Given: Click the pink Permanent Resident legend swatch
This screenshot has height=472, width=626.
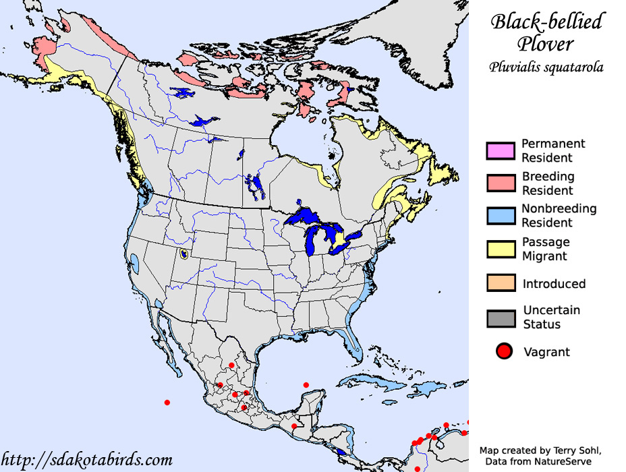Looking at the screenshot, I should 501,151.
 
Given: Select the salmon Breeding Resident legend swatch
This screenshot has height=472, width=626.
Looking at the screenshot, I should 501,183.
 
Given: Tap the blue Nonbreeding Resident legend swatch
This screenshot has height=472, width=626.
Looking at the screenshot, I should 501,216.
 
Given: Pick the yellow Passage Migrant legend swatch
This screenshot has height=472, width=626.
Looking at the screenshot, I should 501,249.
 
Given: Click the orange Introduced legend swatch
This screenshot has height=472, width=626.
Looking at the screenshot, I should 501,283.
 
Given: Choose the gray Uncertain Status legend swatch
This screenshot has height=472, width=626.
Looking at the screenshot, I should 501,318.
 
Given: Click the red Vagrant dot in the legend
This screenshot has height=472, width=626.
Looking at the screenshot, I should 503,351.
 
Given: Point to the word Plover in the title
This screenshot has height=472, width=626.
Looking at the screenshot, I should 546,45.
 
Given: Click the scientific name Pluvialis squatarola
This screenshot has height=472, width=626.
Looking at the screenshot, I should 546,67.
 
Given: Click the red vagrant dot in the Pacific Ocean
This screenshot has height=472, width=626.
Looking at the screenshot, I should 167,403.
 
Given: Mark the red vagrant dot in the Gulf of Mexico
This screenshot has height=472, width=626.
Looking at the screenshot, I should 306,385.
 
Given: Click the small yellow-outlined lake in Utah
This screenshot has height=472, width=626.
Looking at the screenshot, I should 184,256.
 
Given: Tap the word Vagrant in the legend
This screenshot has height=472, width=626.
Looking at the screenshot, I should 546,352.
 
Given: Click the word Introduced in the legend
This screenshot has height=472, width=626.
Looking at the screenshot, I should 554,284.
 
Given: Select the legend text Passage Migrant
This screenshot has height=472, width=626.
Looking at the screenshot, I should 546,249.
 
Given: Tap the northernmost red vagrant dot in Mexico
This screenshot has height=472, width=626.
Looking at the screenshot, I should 231,365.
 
